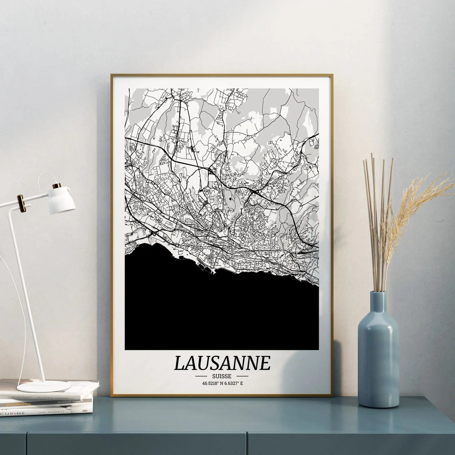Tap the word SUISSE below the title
click(x=222, y=376)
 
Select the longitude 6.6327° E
click(x=235, y=383)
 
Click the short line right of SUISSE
click(x=242, y=376)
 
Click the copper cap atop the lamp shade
click(x=57, y=186)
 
